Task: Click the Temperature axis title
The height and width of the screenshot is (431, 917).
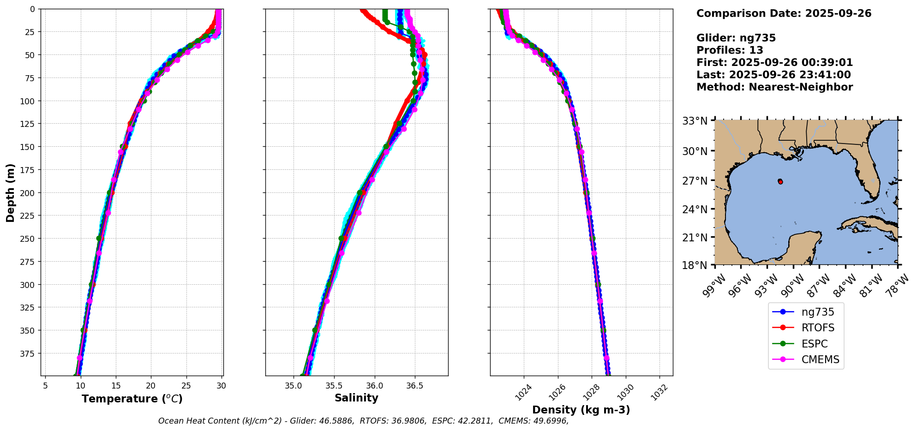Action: [x=132, y=399]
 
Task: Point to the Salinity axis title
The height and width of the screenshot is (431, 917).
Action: [x=356, y=398]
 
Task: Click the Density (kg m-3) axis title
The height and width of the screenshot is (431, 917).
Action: [x=581, y=410]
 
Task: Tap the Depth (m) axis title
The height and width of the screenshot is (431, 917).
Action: [x=10, y=192]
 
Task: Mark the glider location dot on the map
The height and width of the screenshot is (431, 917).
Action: [x=780, y=182]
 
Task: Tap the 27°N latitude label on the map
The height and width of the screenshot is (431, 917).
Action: [x=695, y=181]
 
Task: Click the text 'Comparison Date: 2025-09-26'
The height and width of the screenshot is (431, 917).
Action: [x=784, y=13]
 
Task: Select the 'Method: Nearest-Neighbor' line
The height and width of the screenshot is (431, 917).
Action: [x=774, y=87]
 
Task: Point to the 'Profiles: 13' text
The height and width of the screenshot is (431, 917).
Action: [x=730, y=50]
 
